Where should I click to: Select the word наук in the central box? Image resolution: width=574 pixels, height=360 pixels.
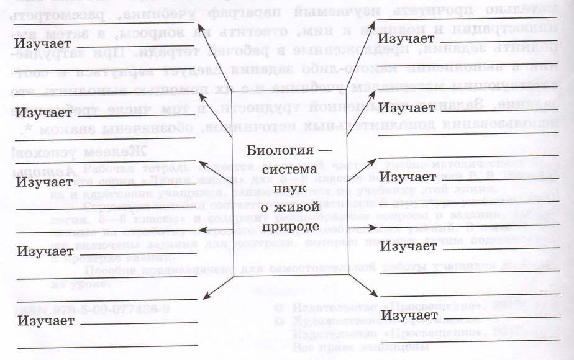pos(286,187)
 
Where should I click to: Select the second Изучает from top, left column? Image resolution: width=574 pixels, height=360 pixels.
pos(43,113)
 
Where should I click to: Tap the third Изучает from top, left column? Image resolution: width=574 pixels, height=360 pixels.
pos(43,182)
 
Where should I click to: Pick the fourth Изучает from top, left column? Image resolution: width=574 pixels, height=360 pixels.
pos(43,252)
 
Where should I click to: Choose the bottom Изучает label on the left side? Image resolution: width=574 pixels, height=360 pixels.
pos(43,320)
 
